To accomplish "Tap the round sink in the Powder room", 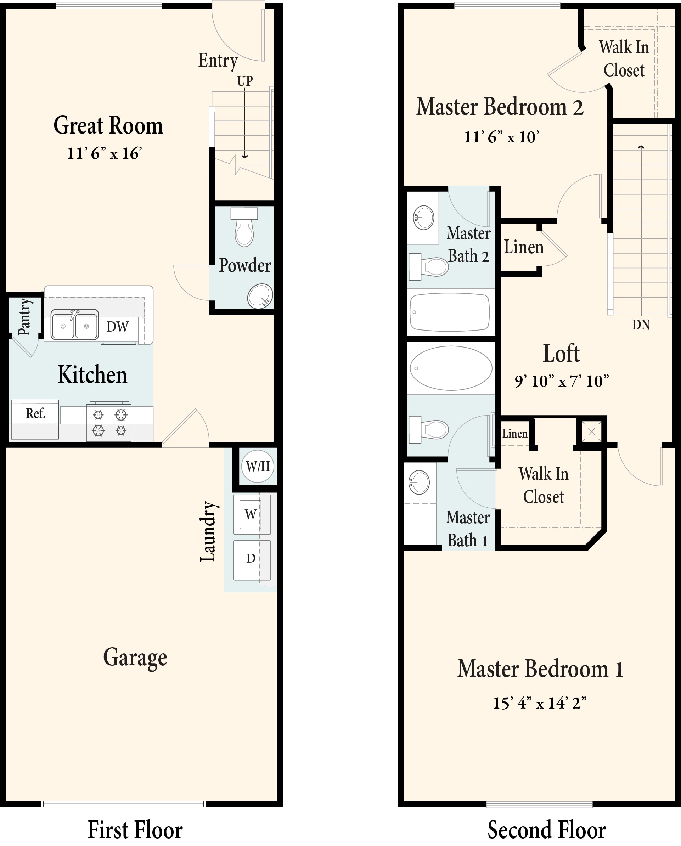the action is [260, 296].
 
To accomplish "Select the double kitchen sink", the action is [74, 324].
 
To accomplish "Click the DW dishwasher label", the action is [117, 327].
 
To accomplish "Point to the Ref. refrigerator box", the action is [35, 419].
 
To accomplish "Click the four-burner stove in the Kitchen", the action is [109, 422].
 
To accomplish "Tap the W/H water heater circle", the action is [258, 466].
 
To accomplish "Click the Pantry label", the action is [24, 317].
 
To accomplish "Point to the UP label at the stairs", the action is [244, 81].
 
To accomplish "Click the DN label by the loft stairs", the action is [641, 325].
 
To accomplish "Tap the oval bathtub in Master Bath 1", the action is [451, 368].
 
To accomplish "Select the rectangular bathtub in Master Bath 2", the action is [450, 312].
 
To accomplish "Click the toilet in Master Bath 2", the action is [429, 267].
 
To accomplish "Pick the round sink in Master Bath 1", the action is [419, 482].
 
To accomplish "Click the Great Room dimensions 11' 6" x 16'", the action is [105, 153].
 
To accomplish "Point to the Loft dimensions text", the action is [562, 380].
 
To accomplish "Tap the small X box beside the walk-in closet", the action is [591, 432].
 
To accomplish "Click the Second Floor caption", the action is [547, 830].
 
